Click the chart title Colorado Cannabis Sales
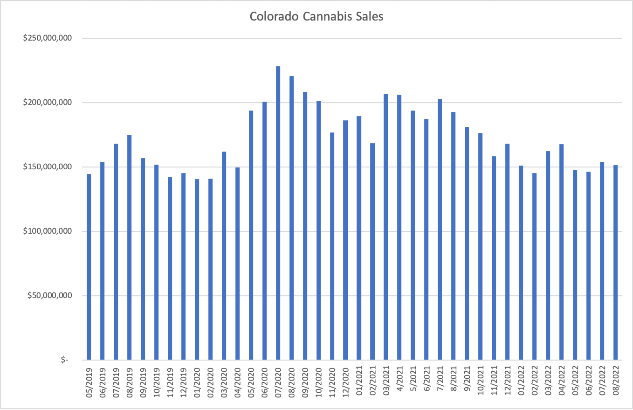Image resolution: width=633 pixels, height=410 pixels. pyautogui.click(x=316, y=17)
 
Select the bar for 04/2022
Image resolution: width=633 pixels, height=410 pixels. pyautogui.click(x=561, y=252)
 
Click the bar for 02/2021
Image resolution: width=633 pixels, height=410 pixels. pyautogui.click(x=372, y=251)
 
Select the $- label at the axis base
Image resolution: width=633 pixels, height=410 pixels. pyautogui.click(x=64, y=360)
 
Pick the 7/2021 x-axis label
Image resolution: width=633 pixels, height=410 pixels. pyautogui.click(x=440, y=381)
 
